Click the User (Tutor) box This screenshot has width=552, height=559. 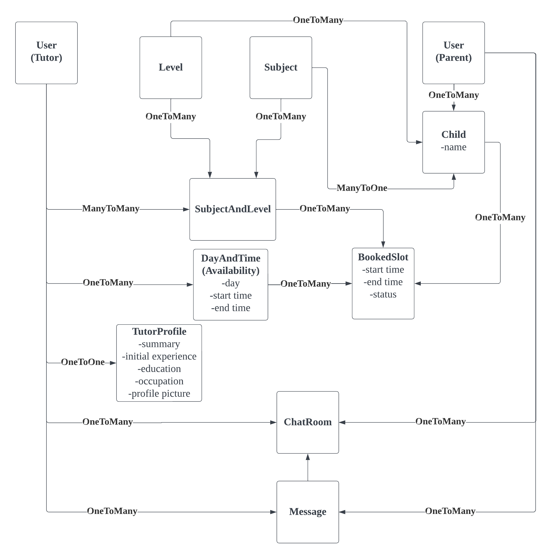tap(46, 53)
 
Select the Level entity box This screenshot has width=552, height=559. tap(171, 67)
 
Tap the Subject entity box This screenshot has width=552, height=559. tap(281, 67)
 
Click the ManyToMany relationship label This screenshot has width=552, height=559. tap(111, 209)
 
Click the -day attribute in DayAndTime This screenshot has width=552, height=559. tap(231, 283)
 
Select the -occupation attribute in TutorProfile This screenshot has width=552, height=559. tap(159, 381)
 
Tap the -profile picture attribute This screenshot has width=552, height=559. tap(159, 393)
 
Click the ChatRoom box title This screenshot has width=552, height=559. tap(307, 422)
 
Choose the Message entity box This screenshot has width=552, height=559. tap(307, 511)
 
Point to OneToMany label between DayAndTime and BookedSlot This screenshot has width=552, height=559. tap(305, 284)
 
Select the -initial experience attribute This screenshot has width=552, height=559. tap(159, 356)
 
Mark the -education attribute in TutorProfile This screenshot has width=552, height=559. tap(159, 369)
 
